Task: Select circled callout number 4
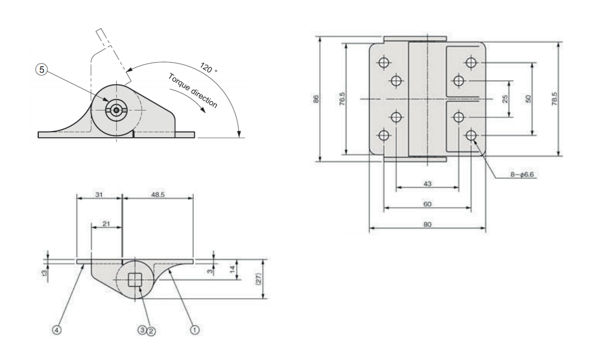pos(57,329)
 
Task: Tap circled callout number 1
pos(195,329)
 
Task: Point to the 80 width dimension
pos(427,224)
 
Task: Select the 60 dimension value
pos(427,204)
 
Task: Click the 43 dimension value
pos(427,183)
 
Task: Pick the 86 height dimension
pos(315,99)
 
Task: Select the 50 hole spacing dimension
pos(529,99)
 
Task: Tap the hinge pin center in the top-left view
pos(116,110)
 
